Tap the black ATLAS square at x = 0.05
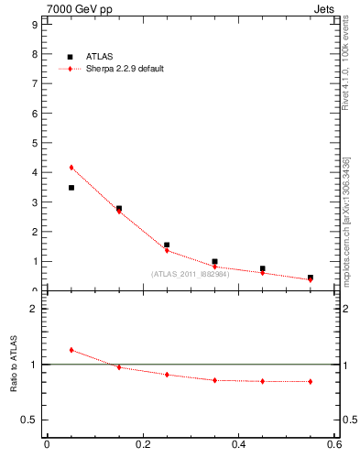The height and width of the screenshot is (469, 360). pyautogui.click(x=71, y=188)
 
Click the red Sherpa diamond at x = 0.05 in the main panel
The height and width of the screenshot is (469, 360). pyautogui.click(x=71, y=168)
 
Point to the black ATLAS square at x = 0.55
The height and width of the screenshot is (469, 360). pyautogui.click(x=311, y=278)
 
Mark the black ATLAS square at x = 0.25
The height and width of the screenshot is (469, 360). pyautogui.click(x=167, y=245)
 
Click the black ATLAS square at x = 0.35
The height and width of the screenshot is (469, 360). pyautogui.click(x=214, y=262)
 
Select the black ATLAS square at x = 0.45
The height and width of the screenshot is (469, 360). pyautogui.click(x=263, y=269)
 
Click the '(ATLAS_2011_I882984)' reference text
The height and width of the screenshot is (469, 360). pyautogui.click(x=191, y=274)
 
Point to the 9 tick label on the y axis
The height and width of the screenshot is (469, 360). pyautogui.click(x=34, y=25)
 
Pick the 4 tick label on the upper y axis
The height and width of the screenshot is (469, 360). pyautogui.click(x=34, y=172)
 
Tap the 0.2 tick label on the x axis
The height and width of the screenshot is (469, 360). pyautogui.click(x=142, y=445)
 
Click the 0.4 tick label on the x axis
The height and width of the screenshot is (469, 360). pyautogui.click(x=238, y=445)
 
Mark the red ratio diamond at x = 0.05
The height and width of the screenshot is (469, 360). pyautogui.click(x=71, y=350)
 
